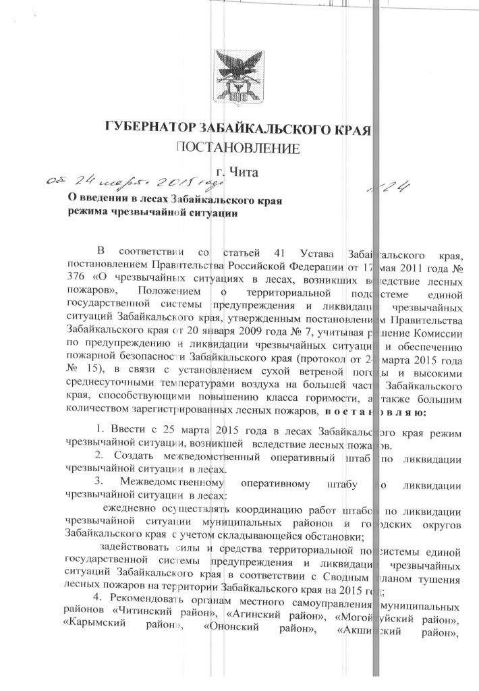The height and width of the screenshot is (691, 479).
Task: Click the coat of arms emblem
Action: click(x=239, y=76)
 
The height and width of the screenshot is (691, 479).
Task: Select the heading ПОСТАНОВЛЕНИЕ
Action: click(x=238, y=148)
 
